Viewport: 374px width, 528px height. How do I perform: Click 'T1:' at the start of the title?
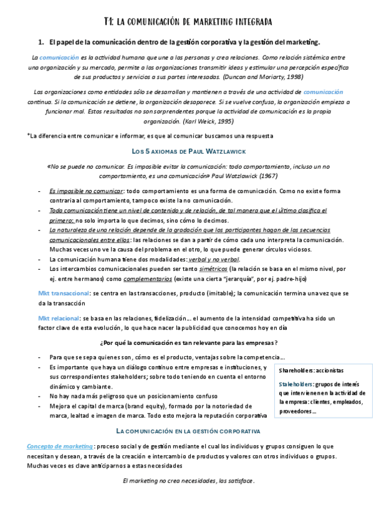[x=108, y=22]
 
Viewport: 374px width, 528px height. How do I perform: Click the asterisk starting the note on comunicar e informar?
[x=28, y=135]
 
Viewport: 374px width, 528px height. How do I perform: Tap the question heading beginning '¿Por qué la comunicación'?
[x=187, y=343]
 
